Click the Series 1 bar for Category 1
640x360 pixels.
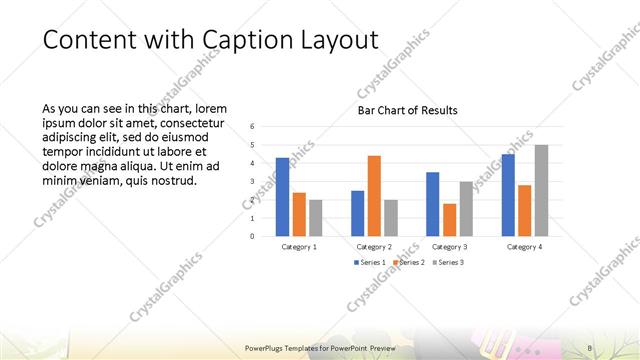coord(282,197)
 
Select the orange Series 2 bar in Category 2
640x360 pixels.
coord(374,196)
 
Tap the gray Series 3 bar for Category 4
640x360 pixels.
coord(541,191)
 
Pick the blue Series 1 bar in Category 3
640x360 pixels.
coord(432,204)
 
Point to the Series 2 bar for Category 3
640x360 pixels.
coord(449,220)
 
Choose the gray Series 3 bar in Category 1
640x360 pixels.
coord(315,218)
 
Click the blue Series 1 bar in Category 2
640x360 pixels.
coord(357,213)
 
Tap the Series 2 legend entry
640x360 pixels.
coord(407,263)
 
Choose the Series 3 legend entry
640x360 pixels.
coord(447,263)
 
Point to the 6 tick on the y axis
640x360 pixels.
coord(253,126)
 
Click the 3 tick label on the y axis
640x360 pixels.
coord(253,181)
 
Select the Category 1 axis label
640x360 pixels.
coord(299,246)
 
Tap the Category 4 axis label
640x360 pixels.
coord(524,246)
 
